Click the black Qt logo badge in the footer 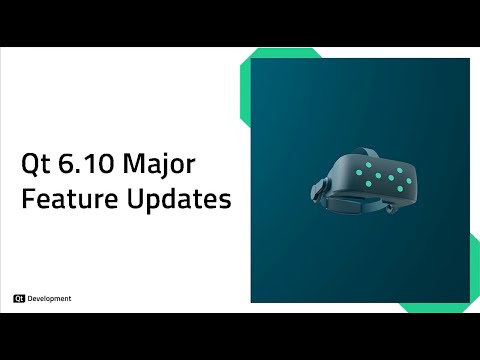click(x=19, y=298)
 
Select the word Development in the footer click(x=49, y=298)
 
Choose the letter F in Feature click(x=27, y=198)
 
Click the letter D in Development click(x=31, y=298)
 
